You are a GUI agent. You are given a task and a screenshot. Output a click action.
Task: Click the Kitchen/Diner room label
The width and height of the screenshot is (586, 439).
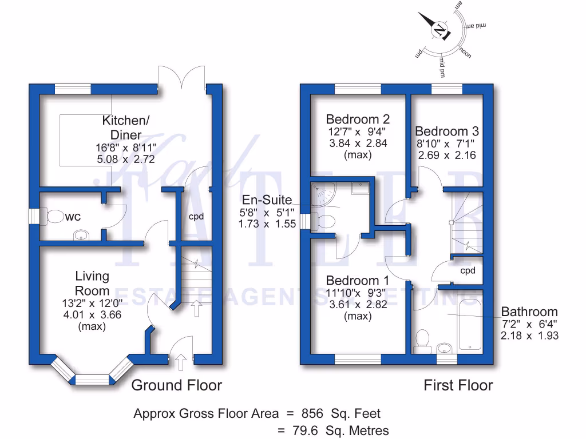pos(125,127)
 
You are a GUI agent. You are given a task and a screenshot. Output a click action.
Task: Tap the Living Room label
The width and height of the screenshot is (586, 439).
pos(93,284)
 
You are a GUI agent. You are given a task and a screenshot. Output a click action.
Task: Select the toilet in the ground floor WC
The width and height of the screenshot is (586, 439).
pos(55,217)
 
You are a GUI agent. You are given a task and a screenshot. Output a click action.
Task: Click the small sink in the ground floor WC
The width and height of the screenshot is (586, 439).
pos(83,234)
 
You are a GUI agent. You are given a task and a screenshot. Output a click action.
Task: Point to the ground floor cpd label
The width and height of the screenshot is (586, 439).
pos(196,217)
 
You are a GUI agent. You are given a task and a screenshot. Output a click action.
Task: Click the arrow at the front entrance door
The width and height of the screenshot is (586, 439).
pos(181,362)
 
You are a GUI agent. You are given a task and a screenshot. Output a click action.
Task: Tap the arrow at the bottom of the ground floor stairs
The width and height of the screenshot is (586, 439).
pos(196,309)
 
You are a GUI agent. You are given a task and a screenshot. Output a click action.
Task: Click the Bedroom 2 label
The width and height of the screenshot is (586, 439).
pos(358,119)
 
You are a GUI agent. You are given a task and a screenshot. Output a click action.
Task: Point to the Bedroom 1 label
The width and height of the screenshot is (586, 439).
pos(358,281)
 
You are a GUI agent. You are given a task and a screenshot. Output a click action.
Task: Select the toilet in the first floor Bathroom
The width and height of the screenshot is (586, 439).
pos(424,339)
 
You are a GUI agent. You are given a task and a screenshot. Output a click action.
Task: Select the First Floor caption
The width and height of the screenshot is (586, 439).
pos(458,385)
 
